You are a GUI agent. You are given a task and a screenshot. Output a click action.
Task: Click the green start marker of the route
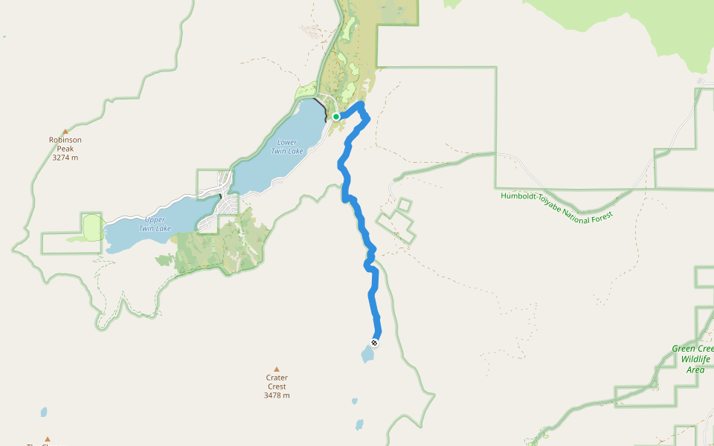tap(336, 117)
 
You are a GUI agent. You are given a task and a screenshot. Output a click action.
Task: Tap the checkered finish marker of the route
tap(374, 343)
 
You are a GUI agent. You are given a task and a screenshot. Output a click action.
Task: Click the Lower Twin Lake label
tap(286, 146)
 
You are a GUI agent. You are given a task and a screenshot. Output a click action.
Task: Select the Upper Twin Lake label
tap(155, 224)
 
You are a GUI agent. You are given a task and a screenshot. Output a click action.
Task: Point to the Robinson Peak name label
tap(65, 144)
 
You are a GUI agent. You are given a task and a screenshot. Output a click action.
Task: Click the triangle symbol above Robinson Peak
tap(65, 132)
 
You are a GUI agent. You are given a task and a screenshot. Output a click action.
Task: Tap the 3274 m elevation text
tap(65, 158)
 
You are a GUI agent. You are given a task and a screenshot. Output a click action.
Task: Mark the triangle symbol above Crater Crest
tap(277, 369)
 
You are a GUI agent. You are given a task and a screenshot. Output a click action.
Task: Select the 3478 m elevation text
tap(277, 395)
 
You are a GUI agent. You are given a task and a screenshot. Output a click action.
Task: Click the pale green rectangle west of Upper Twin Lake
tap(92, 226)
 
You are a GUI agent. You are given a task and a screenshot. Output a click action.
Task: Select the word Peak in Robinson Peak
tap(65, 149)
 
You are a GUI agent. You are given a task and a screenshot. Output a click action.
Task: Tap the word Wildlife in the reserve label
tap(695, 359)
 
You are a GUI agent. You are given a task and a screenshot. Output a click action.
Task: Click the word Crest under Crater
tap(277, 387)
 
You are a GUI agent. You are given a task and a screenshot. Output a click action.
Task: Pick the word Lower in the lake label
tap(286, 142)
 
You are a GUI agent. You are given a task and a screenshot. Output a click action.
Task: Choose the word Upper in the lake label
tap(155, 219)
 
